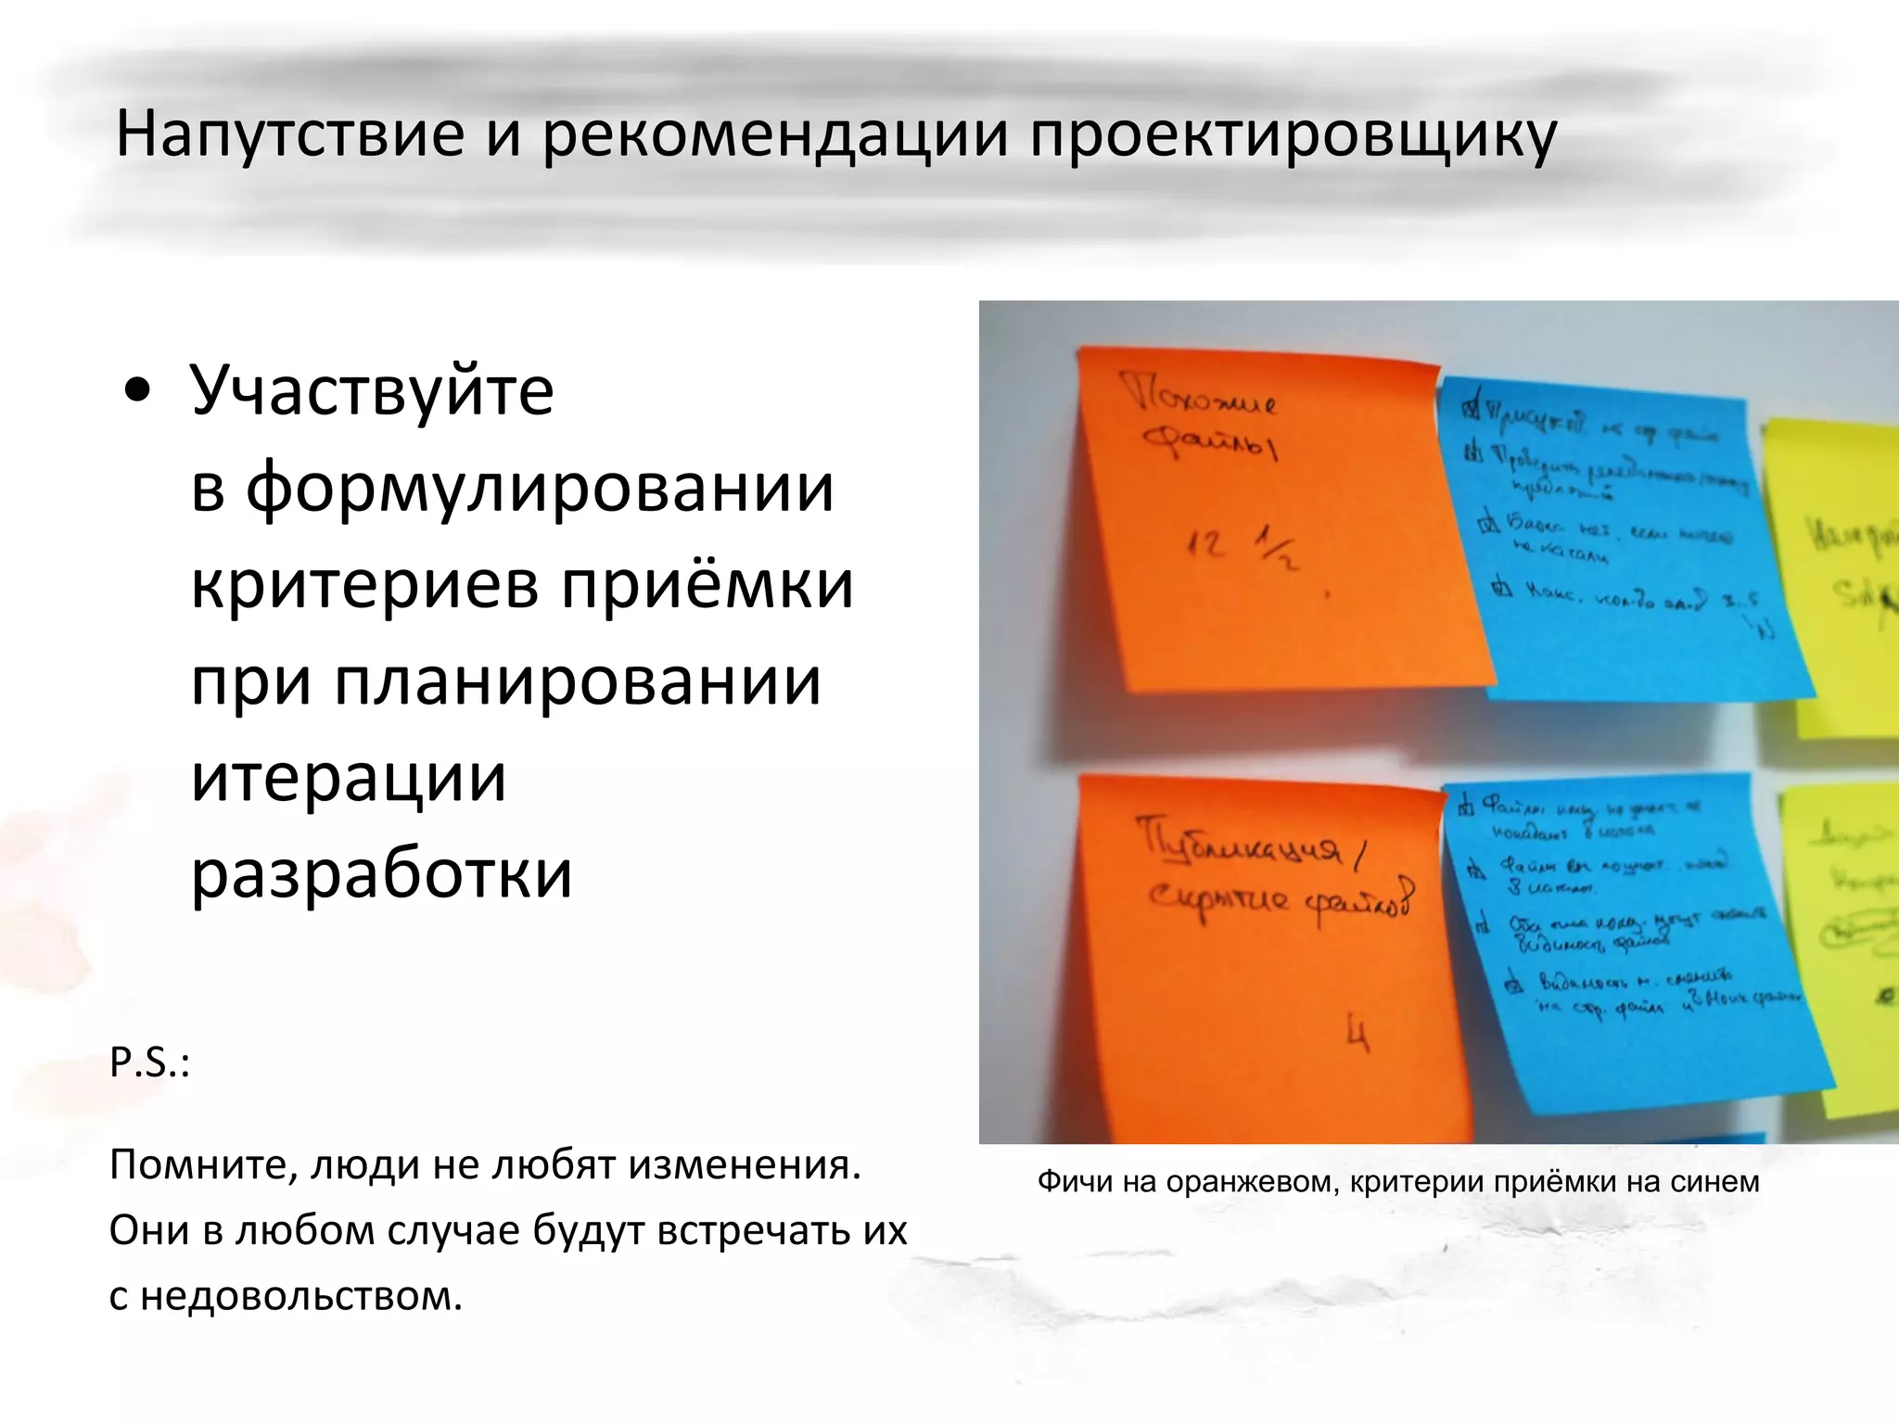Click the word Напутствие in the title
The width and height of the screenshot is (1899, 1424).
coord(289,134)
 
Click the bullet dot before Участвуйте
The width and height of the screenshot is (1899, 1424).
coord(137,391)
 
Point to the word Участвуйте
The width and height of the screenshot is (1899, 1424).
coord(372,389)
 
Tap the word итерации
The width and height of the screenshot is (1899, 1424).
coord(349,777)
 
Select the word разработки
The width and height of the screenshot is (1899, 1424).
coord(381,873)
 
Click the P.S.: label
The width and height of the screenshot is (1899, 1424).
coord(149,1062)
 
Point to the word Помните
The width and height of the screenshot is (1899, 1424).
coord(203,1165)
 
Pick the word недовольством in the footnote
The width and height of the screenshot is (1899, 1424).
coord(300,1295)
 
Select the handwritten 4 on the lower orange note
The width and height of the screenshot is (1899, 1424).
coord(1357,1033)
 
